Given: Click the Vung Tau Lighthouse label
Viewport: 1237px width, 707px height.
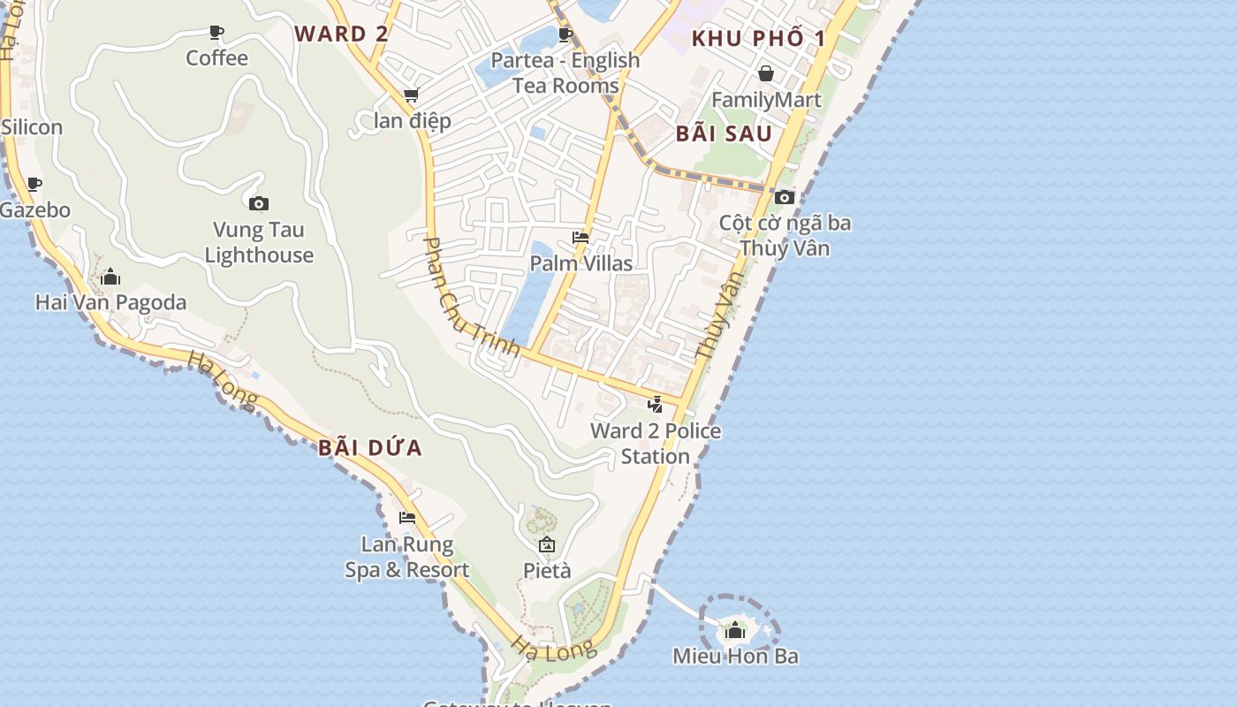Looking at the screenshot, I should point(259,243).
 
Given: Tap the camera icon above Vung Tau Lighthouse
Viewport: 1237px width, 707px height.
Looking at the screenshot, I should point(259,204).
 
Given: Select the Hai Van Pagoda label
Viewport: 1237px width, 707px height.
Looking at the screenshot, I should point(110,302).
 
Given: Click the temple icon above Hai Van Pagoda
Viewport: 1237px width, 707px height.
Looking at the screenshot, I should point(110,277).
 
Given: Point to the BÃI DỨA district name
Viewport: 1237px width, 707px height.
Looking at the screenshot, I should point(370,448).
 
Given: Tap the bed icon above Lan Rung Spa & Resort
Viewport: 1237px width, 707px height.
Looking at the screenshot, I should point(407,518).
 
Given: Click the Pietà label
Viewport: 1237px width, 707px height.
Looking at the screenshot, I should point(547,570).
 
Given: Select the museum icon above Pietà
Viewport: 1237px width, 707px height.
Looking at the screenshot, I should point(547,544).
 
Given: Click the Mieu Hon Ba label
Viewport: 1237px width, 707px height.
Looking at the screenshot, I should point(735,657).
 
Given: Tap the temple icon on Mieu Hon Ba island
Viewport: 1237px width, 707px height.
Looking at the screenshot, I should point(735,630).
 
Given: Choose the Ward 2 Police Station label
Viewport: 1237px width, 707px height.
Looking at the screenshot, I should point(655,444).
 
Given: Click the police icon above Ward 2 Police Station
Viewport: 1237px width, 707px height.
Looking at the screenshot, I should point(655,405).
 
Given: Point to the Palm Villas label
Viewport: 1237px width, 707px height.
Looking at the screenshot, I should point(581,263).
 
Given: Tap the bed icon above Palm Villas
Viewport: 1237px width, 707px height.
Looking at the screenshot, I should point(581,237).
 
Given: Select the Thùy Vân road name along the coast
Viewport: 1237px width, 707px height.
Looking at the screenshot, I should point(717,315).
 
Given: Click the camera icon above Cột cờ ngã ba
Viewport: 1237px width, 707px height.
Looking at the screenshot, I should point(785,197).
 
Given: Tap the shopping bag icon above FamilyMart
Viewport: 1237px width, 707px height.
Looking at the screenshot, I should point(766,73).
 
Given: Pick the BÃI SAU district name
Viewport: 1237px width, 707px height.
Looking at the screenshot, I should point(724,134).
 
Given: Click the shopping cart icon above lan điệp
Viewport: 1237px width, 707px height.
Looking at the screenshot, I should point(411,95).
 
